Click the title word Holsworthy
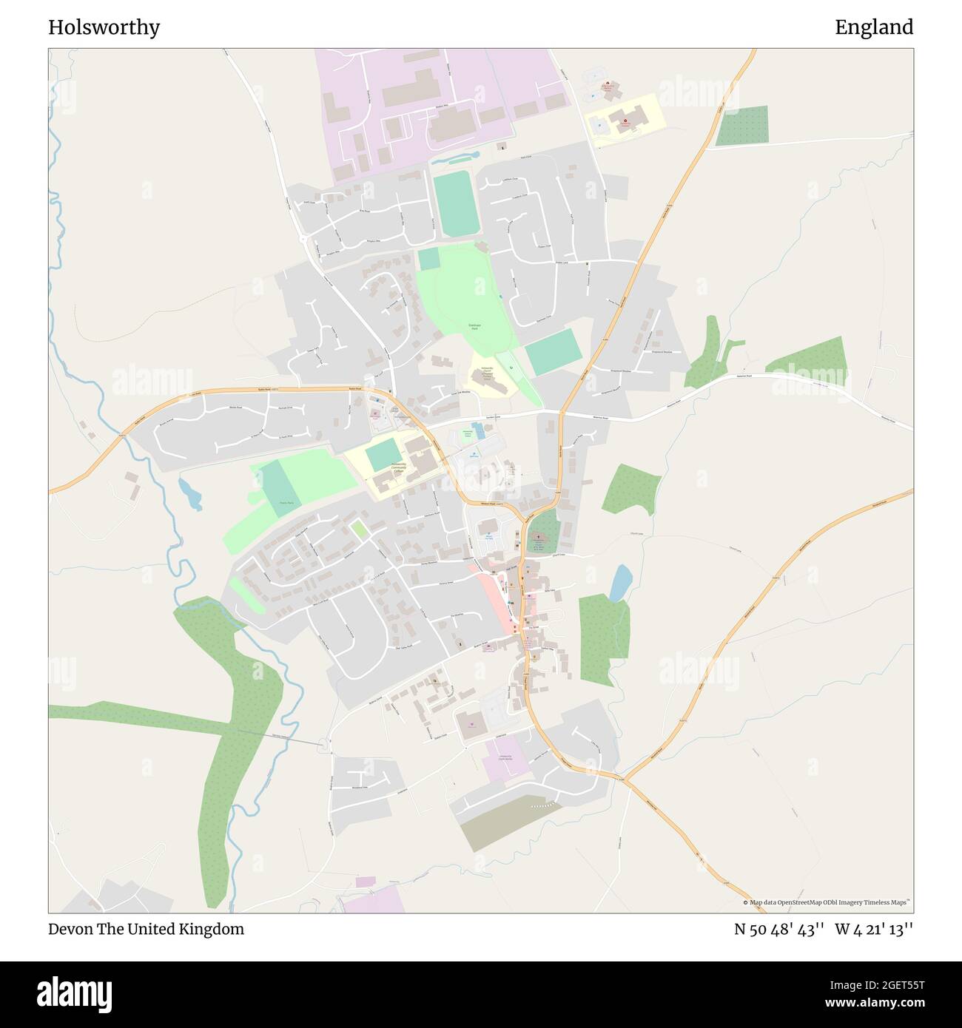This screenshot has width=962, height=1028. click(x=104, y=27)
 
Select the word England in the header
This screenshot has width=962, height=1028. click(x=874, y=27)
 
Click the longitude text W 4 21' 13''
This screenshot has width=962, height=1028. click(x=874, y=929)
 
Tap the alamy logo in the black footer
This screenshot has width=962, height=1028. click(x=74, y=993)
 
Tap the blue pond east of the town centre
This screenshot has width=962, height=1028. click(x=620, y=584)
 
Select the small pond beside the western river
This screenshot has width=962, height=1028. click(x=190, y=494)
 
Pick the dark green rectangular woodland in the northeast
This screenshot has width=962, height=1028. click(x=741, y=125)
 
